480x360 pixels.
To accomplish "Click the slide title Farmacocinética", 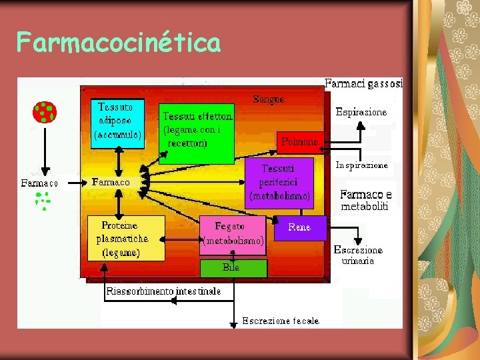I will [119, 43].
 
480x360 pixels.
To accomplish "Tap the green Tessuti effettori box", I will [197, 133].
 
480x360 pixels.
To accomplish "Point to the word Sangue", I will [269, 99].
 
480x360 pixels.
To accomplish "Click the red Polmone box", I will [299, 141].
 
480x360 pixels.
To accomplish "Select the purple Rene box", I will [299, 227].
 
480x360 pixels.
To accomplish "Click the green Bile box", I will [233, 268].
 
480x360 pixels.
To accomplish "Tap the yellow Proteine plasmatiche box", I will [126, 238].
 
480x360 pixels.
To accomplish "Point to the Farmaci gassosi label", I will [363, 83].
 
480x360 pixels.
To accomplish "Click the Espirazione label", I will [361, 112].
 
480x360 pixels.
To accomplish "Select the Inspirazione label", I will [361, 165].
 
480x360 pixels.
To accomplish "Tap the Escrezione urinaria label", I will [359, 255].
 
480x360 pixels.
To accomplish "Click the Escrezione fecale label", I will [280, 321].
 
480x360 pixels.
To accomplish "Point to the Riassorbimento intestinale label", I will [163, 291].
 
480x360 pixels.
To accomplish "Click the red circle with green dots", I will [45, 113].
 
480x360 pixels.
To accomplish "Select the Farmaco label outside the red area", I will [39, 183].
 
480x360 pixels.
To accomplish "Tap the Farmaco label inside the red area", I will [111, 181].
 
